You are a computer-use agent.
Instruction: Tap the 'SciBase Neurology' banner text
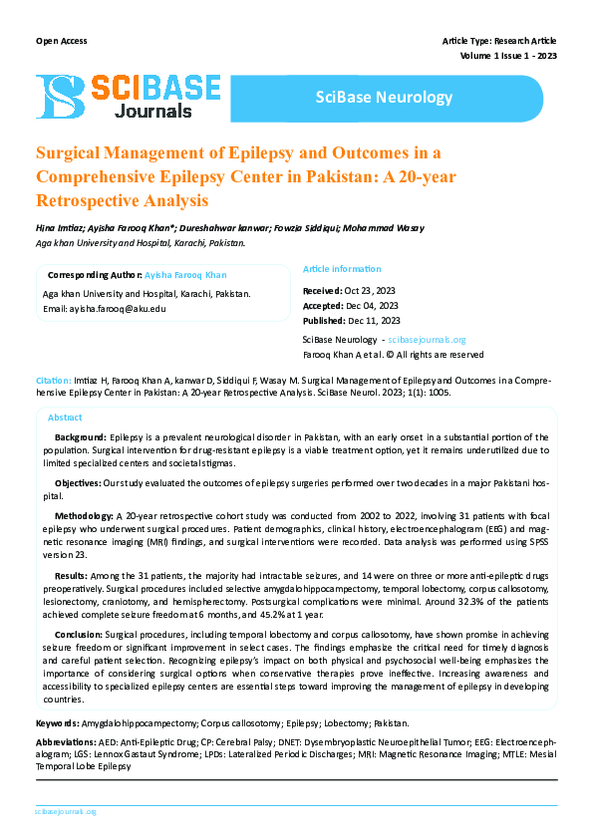(x=384, y=98)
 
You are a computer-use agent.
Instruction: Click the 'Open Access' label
(x=61, y=41)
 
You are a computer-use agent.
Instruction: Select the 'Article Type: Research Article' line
(x=499, y=41)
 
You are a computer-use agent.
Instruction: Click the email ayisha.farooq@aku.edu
(x=118, y=309)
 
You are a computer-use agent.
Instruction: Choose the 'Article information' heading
(x=342, y=269)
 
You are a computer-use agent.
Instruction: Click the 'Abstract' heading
(x=65, y=418)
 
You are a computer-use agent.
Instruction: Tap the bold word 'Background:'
(x=81, y=437)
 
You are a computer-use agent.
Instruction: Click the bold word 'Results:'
(x=71, y=576)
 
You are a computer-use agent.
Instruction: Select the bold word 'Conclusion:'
(x=78, y=634)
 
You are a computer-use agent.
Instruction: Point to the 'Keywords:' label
(x=58, y=722)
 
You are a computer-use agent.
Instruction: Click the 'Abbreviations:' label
(x=66, y=743)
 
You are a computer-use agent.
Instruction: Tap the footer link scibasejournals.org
(x=65, y=812)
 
